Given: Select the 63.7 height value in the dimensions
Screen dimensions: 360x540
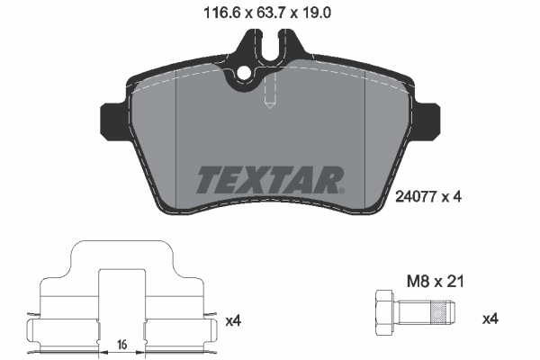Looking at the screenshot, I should tap(264, 12).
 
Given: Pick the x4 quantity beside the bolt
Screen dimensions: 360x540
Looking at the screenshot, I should tap(490, 319).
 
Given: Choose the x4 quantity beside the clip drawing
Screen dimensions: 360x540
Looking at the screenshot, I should tap(234, 319).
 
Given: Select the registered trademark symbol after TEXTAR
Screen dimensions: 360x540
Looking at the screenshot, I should tap(343, 190).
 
